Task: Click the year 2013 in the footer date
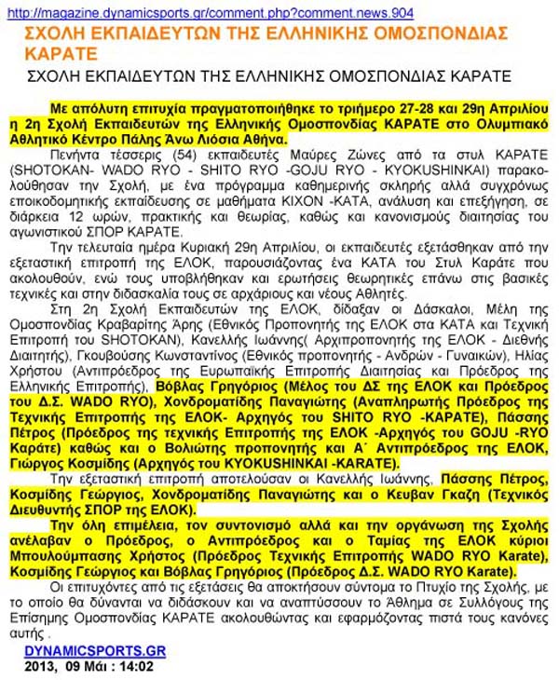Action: [x=42, y=667]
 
